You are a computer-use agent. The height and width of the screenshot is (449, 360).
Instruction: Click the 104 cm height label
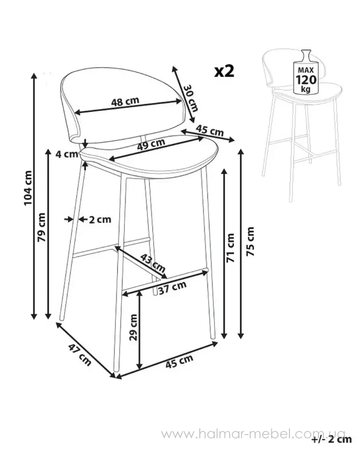(x=28, y=188)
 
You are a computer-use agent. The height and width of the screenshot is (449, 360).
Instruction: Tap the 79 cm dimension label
(x=41, y=227)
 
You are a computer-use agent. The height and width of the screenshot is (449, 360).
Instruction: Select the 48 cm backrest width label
(x=125, y=102)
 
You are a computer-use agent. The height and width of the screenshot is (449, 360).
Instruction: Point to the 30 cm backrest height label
(x=190, y=98)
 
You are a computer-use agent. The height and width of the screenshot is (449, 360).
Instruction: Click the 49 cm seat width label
(x=151, y=144)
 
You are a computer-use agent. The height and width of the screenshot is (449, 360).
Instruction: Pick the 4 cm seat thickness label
(x=67, y=154)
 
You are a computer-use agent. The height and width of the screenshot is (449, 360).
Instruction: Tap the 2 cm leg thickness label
(x=100, y=220)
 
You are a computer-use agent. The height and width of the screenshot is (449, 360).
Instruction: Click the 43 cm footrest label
(x=153, y=263)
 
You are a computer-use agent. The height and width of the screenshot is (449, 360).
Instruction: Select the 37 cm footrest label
(x=172, y=287)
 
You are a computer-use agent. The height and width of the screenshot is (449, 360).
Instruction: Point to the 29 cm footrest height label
(x=134, y=327)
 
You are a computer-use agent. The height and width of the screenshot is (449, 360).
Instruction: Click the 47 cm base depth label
(x=80, y=355)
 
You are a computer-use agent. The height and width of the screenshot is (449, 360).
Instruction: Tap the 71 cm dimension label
(x=230, y=248)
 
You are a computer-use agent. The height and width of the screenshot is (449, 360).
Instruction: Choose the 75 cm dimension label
(x=250, y=241)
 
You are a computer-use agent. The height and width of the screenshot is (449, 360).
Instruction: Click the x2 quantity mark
(x=225, y=71)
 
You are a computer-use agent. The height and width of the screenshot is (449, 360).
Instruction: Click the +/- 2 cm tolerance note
(x=332, y=439)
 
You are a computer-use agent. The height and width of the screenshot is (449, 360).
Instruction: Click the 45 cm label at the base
(x=179, y=361)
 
